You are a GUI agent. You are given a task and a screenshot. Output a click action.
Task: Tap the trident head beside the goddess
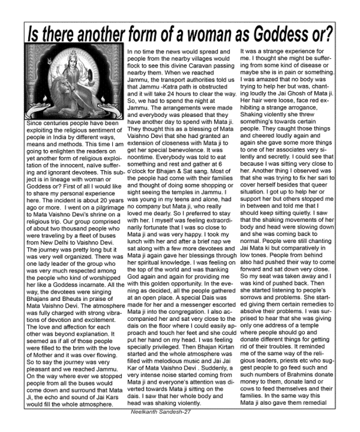[49, 69]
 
